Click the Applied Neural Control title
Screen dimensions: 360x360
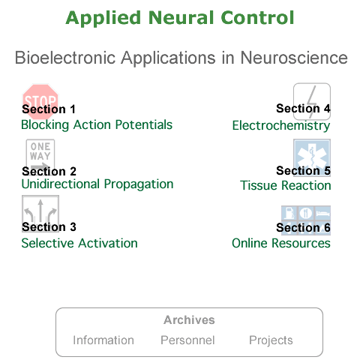click(x=180, y=18)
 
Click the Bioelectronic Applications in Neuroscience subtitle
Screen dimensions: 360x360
click(x=181, y=58)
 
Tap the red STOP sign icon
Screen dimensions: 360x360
click(x=40, y=102)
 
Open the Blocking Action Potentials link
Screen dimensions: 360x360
click(x=97, y=124)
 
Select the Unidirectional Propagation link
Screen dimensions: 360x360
click(x=97, y=184)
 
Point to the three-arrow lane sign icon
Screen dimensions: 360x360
click(x=40, y=214)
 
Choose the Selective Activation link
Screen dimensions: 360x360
click(x=79, y=243)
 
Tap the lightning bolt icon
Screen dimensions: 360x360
click(x=312, y=101)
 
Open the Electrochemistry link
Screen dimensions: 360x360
click(x=281, y=125)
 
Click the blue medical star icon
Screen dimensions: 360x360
click(x=312, y=157)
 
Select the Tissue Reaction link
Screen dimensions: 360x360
click(x=286, y=185)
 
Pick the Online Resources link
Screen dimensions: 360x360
click(x=281, y=243)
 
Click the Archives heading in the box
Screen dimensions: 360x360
click(x=189, y=320)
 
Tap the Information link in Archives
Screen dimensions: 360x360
click(x=103, y=340)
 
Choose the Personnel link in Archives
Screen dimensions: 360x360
click(x=187, y=340)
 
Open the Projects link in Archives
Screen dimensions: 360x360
click(x=271, y=340)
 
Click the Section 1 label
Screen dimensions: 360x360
click(x=49, y=109)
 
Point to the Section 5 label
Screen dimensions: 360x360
click(x=304, y=171)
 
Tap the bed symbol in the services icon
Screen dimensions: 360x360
click(x=322, y=213)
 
